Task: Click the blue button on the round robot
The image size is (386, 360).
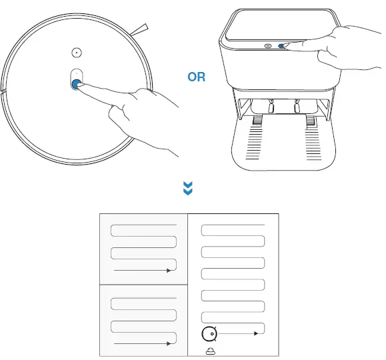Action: (75, 84)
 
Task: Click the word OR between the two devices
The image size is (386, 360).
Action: (197, 77)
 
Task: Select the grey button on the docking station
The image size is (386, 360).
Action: (268, 46)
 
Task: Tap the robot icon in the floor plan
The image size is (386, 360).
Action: (209, 332)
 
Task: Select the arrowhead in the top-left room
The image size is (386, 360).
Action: (169, 271)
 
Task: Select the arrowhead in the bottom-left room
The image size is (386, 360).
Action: (169, 344)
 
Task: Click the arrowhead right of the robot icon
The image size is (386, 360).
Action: (256, 332)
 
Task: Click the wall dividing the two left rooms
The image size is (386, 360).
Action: (143, 285)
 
